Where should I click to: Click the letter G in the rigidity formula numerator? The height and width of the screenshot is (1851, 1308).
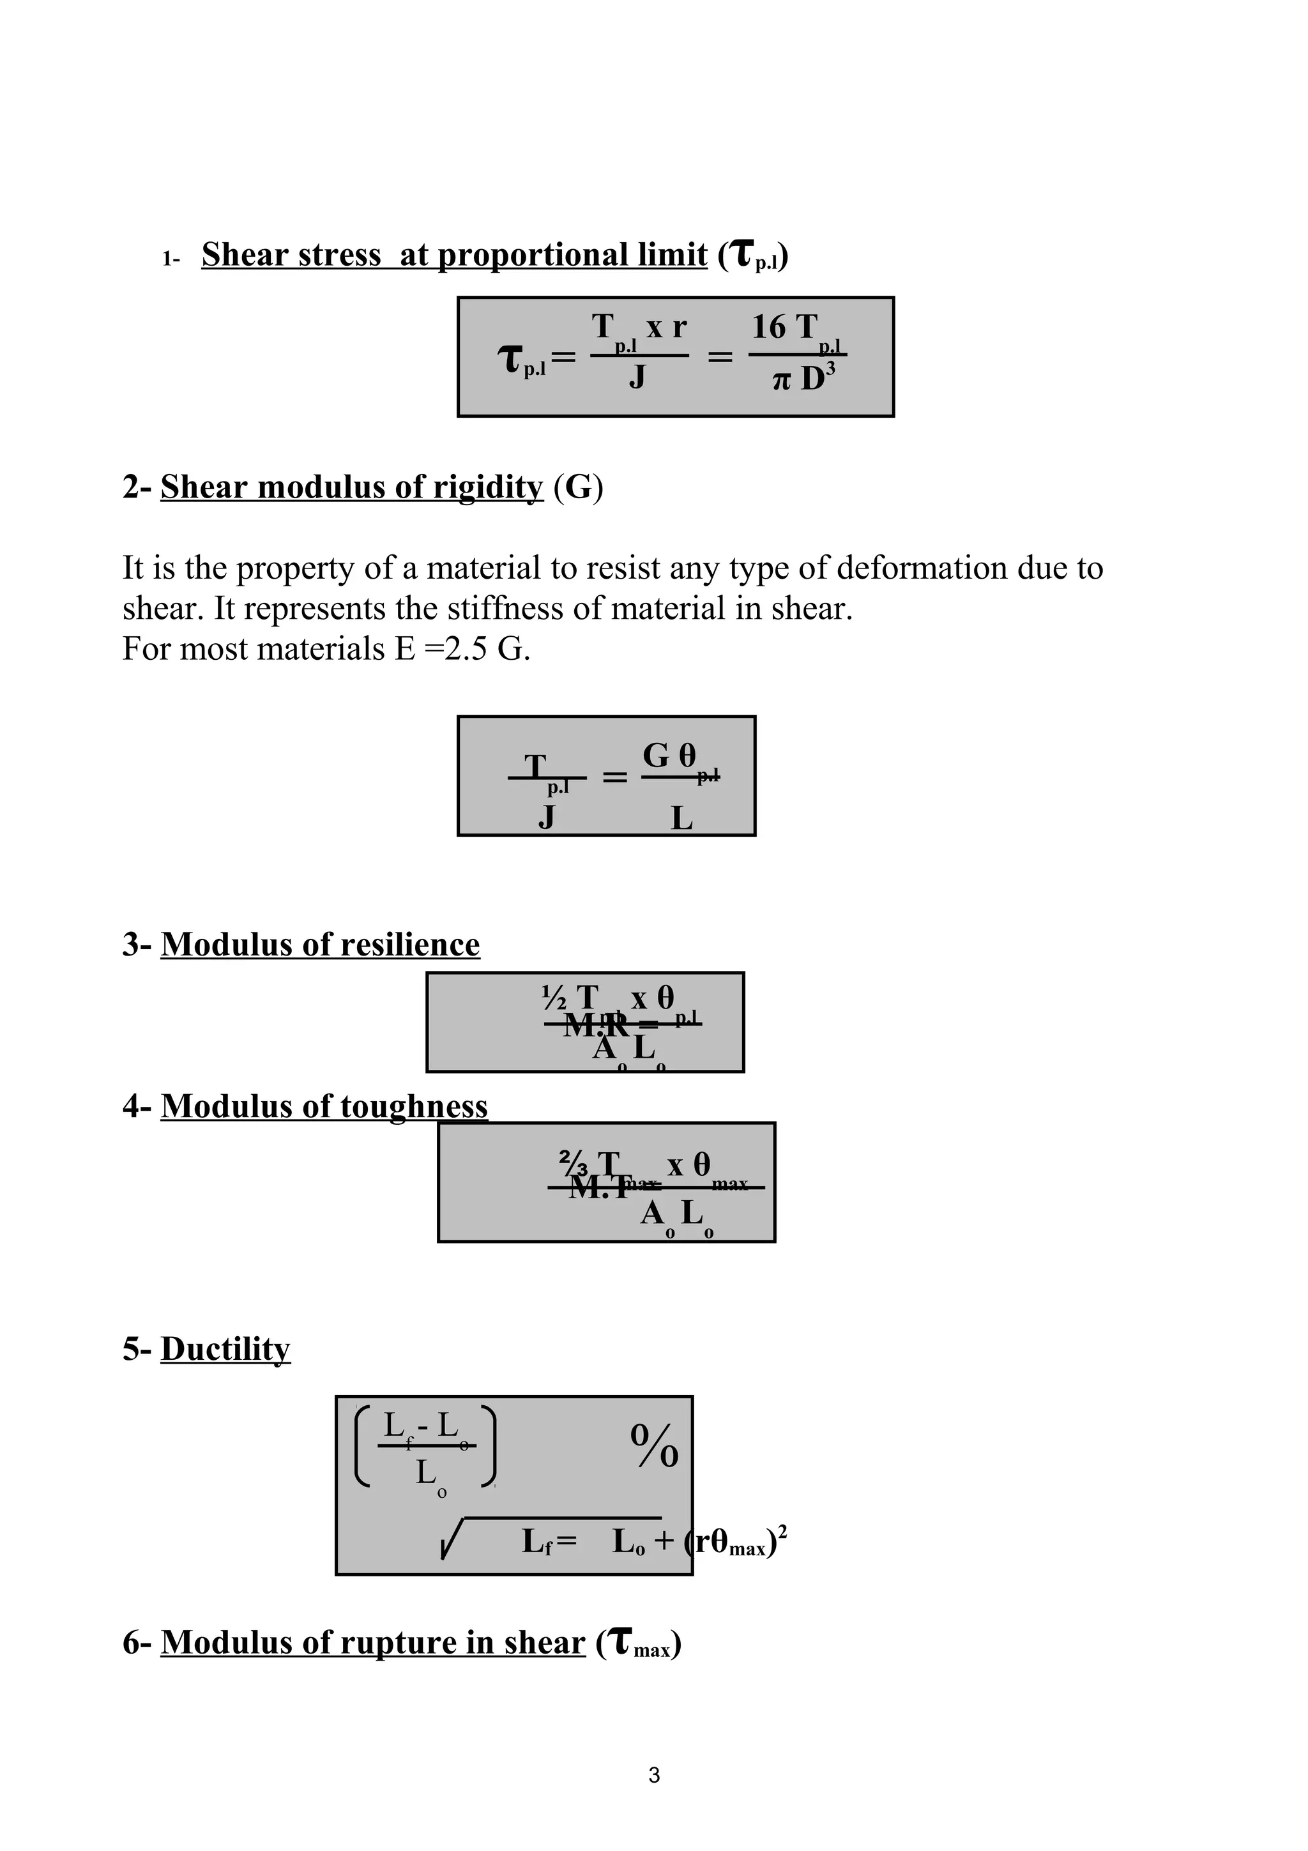click(x=656, y=756)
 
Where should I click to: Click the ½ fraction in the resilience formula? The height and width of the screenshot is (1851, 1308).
click(x=555, y=999)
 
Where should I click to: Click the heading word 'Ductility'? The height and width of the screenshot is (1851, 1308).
click(x=225, y=1350)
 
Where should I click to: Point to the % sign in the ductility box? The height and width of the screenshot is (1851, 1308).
click(x=655, y=1446)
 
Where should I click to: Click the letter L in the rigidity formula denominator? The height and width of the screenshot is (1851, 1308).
click(x=682, y=819)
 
